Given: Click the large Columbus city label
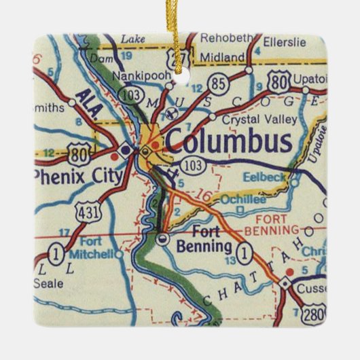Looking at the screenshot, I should [x=229, y=141].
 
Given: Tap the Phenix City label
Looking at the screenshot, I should [x=78, y=177].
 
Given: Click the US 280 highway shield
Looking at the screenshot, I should [x=314, y=314].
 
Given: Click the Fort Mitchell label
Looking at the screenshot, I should [x=94, y=248].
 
